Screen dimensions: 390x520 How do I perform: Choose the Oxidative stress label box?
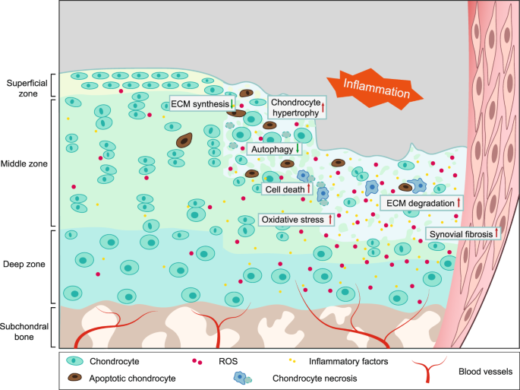pos(296,220)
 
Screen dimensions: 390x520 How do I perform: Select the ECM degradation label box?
pos(420,203)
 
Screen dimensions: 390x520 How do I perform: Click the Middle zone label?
pos(26,163)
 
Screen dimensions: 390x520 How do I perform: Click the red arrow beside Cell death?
pos(309,189)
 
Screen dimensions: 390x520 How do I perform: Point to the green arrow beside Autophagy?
pos(298,149)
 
